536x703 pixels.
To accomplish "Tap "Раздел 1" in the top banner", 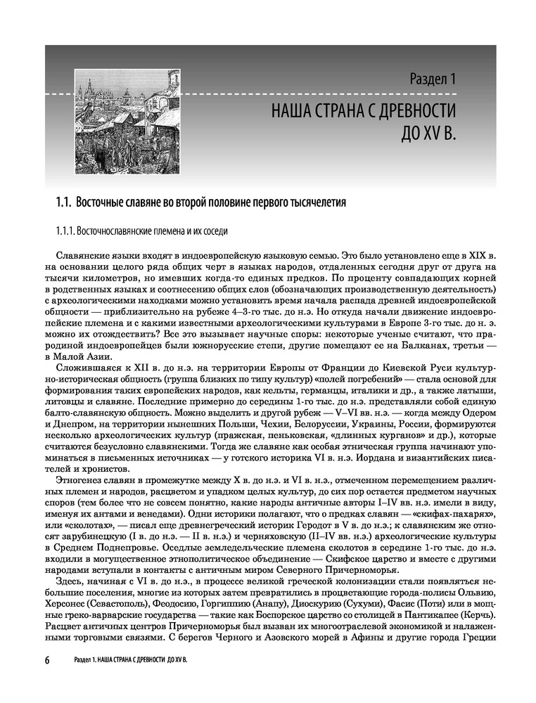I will click(433, 79).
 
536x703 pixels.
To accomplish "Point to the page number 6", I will click(47, 661).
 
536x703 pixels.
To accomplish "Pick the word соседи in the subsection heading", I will click(213, 231).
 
